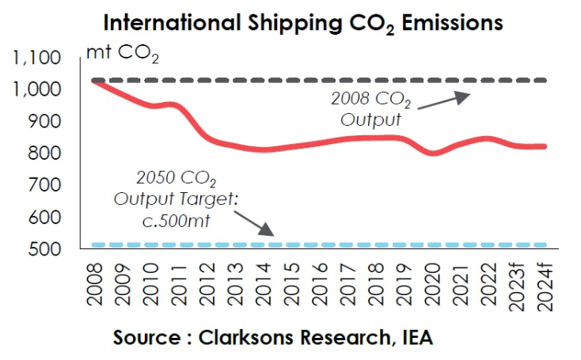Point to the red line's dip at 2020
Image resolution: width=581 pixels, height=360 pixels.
433,153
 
